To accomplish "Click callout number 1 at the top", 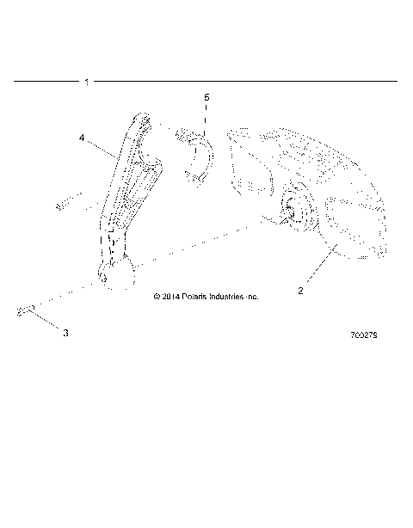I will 87,82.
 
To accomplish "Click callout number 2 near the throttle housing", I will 300,291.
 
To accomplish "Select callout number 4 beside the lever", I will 82,137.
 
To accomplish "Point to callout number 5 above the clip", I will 206,99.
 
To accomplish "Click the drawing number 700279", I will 365,335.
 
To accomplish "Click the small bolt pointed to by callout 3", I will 25,311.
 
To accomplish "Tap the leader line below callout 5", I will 206,118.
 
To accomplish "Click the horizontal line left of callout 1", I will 47,82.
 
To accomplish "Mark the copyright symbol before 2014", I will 157,297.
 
